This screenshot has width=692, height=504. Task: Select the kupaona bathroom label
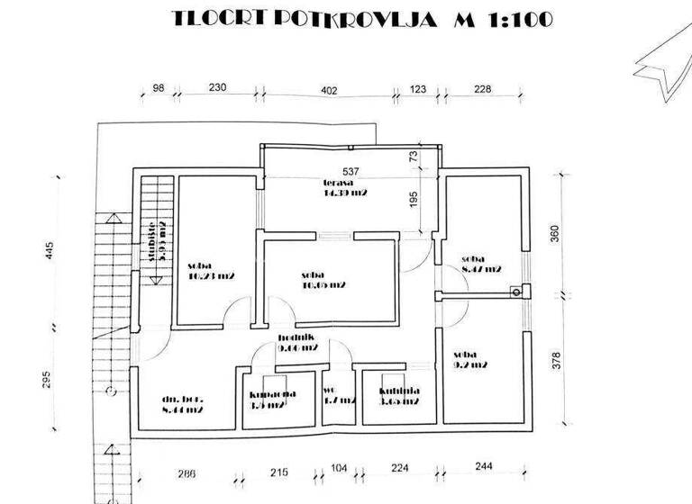tap(267, 400)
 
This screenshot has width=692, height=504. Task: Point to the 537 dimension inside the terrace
tap(351, 171)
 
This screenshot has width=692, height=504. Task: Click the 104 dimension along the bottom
tap(338, 468)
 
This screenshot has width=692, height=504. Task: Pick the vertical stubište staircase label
tap(155, 239)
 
